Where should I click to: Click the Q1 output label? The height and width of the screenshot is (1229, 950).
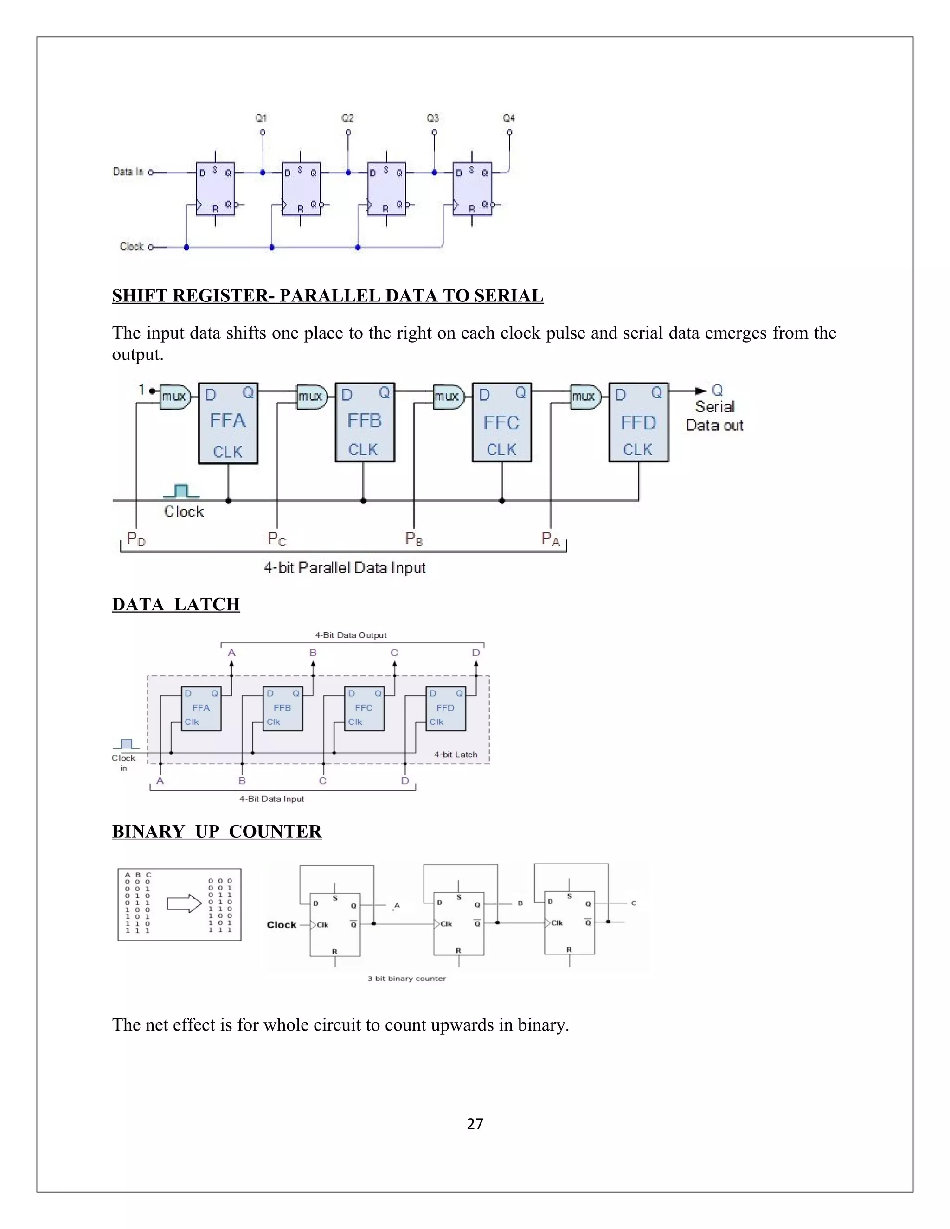pyautogui.click(x=261, y=118)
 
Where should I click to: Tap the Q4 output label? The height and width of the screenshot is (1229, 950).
pyautogui.click(x=509, y=118)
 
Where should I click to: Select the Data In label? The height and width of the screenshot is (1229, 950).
pyautogui.click(x=128, y=172)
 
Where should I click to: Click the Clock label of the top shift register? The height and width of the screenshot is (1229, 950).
pyautogui.click(x=132, y=246)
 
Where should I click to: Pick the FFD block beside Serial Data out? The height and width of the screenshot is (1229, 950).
pyautogui.click(x=638, y=422)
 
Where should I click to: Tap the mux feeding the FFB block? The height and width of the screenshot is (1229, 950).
pyautogui.click(x=311, y=397)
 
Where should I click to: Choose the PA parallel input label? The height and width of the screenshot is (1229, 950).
pyautogui.click(x=551, y=539)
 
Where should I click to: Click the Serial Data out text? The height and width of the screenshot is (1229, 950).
pyautogui.click(x=715, y=416)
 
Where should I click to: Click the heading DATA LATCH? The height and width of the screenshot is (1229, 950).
pyautogui.click(x=176, y=604)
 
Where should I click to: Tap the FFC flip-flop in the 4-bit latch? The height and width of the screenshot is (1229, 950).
pyautogui.click(x=364, y=709)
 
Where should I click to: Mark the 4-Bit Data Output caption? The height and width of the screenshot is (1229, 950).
pyautogui.click(x=351, y=635)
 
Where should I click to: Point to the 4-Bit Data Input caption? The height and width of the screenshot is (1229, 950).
pyautogui.click(x=271, y=799)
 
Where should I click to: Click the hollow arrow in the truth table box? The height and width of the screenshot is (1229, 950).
pyautogui.click(x=184, y=904)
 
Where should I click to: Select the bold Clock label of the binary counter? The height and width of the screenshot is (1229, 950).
pyautogui.click(x=282, y=925)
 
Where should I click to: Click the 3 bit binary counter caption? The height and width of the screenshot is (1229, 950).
pyautogui.click(x=406, y=979)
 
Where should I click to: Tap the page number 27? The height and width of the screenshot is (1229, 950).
pyautogui.click(x=475, y=1124)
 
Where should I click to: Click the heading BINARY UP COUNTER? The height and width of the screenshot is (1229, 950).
pyautogui.click(x=217, y=832)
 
